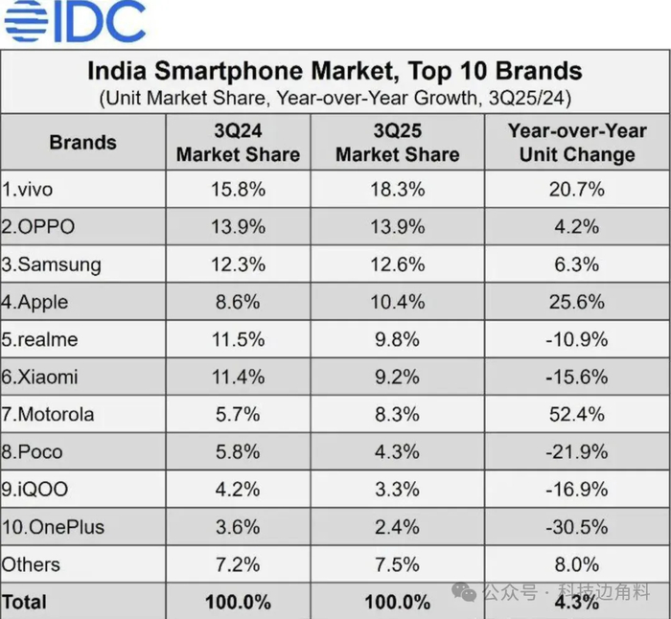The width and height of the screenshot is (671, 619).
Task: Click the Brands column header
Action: pyautogui.click(x=82, y=143)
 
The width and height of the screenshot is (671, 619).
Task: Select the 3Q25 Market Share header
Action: pyautogui.click(x=398, y=143)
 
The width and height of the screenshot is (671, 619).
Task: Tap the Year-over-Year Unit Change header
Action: pyautogui.click(x=577, y=143)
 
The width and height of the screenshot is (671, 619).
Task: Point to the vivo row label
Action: pyautogui.click(x=28, y=190)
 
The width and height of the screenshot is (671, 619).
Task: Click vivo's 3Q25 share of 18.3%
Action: pyautogui.click(x=398, y=190)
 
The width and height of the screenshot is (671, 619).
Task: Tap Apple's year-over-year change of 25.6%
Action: pyautogui.click(x=577, y=302)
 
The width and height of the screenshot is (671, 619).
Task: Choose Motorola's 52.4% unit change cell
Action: pyautogui.click(x=577, y=414)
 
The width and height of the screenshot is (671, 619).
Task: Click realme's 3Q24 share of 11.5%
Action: pyautogui.click(x=238, y=339)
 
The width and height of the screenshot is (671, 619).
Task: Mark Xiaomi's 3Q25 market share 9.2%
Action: pyautogui.click(x=398, y=377)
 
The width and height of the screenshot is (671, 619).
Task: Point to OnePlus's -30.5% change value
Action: pyautogui.click(x=577, y=527)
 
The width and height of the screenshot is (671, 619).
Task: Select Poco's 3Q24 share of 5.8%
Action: pyautogui.click(x=238, y=451)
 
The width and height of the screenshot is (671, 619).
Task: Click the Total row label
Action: pyautogui.click(x=24, y=602)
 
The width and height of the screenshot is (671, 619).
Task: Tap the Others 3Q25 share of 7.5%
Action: pyautogui.click(x=398, y=564)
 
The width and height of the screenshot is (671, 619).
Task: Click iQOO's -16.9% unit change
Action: pyautogui.click(x=577, y=490)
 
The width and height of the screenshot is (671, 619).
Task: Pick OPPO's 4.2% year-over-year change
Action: pyautogui.click(x=577, y=227)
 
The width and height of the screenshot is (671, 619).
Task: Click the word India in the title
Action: pyautogui.click(x=119, y=71)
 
